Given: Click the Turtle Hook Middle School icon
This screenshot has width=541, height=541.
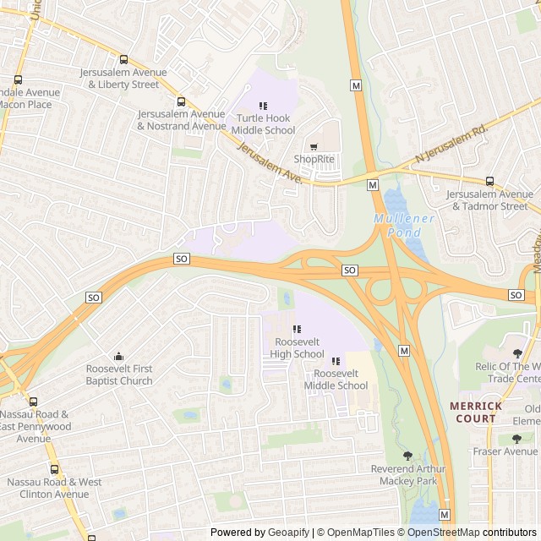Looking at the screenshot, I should click(x=263, y=106).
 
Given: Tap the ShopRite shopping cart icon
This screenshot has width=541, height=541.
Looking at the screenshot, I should click(x=314, y=146).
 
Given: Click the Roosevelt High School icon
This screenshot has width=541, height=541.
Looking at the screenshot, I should click(x=296, y=329).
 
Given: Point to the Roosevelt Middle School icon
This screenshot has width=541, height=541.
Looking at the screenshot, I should click(x=336, y=361).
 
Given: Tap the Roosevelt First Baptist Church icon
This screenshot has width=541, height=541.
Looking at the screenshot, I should click(x=119, y=356).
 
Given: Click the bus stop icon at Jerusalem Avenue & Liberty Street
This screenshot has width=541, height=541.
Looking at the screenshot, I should click(x=124, y=60).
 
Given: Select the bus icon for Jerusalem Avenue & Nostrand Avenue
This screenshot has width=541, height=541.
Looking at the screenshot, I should click(x=181, y=101).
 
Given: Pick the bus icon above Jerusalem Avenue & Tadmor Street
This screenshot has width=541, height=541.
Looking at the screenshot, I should click(x=489, y=181).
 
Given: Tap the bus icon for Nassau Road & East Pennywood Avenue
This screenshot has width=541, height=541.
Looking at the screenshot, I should click(x=34, y=402).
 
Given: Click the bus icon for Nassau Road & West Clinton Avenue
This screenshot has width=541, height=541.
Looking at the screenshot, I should click(x=53, y=469).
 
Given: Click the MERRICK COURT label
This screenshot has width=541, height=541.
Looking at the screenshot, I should click(x=476, y=412).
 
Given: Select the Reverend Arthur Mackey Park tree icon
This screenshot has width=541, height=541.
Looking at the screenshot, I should click(x=408, y=456).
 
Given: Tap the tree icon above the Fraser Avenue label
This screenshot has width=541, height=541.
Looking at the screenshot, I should click(x=516, y=439).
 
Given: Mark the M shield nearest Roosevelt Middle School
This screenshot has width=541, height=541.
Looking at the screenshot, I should click(x=403, y=351).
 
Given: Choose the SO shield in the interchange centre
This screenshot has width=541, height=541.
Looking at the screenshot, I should click(x=350, y=270).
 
